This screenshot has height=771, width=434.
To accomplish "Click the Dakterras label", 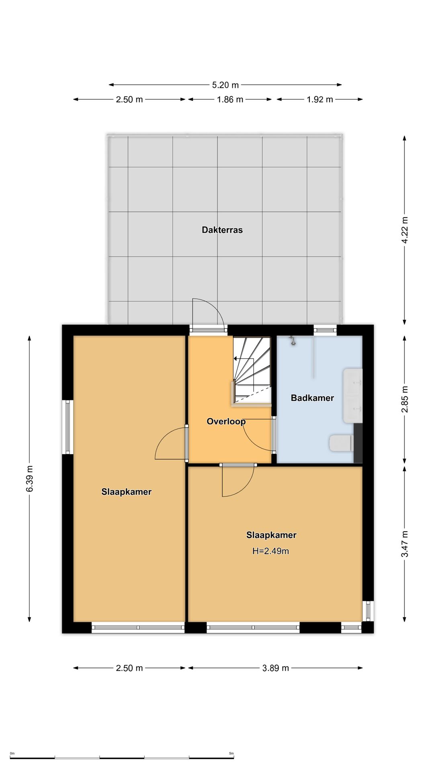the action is (x=222, y=230).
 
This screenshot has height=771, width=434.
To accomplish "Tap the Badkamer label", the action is (x=312, y=398).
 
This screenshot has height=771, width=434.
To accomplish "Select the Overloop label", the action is (x=226, y=421).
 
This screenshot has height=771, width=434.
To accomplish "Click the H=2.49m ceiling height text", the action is (x=270, y=551).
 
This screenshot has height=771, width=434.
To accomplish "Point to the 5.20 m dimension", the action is (x=225, y=85).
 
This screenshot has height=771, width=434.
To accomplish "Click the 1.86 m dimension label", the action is (x=230, y=100).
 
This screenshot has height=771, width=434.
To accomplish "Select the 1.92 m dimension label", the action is (x=320, y=100).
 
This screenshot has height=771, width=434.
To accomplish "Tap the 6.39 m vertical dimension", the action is (x=29, y=478).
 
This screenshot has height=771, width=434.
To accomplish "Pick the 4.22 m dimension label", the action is (x=405, y=230).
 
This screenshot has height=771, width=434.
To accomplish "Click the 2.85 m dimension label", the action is (x=405, y=399).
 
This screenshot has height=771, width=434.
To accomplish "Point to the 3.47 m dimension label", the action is (x=405, y=544).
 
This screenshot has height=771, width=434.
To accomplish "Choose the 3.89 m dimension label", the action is (x=276, y=668).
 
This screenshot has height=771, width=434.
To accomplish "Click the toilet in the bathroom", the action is (x=341, y=443).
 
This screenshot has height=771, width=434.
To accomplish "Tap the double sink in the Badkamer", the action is (x=353, y=396).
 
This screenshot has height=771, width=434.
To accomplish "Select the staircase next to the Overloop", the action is (x=252, y=370).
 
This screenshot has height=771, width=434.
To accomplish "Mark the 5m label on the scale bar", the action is (x=231, y=753).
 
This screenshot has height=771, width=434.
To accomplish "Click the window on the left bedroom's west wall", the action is (x=68, y=427).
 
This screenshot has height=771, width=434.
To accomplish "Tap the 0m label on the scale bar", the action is (x=12, y=753).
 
